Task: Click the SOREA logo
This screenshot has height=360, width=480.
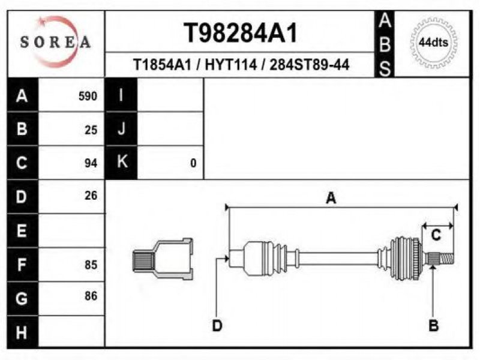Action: [55, 42]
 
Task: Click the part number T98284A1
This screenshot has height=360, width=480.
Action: [241, 33]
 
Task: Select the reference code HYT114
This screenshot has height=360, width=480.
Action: [230, 65]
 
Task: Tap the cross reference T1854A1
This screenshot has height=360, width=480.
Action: [162, 65]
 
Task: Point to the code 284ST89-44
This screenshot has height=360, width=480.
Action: [309, 65]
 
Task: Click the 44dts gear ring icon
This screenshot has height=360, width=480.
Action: [433, 43]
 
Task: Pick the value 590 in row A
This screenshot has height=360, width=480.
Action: [88, 97]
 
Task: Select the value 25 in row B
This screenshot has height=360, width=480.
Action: [91, 130]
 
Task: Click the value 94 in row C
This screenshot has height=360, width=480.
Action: [91, 163]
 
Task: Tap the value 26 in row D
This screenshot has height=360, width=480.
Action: [91, 196]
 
